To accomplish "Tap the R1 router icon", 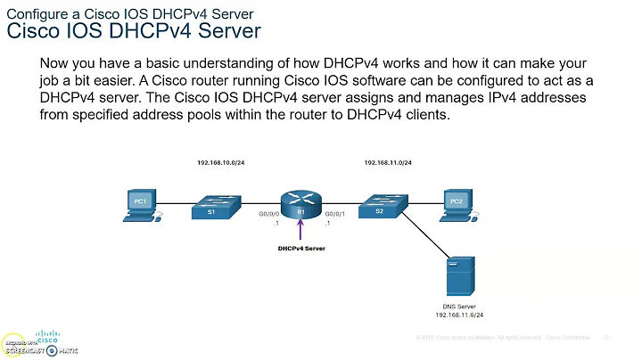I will [301, 206].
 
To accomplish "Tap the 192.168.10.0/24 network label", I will [223, 163].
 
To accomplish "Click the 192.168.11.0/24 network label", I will [388, 163].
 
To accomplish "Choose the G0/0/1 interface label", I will [334, 214].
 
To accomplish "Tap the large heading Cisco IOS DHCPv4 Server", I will [134, 32].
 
